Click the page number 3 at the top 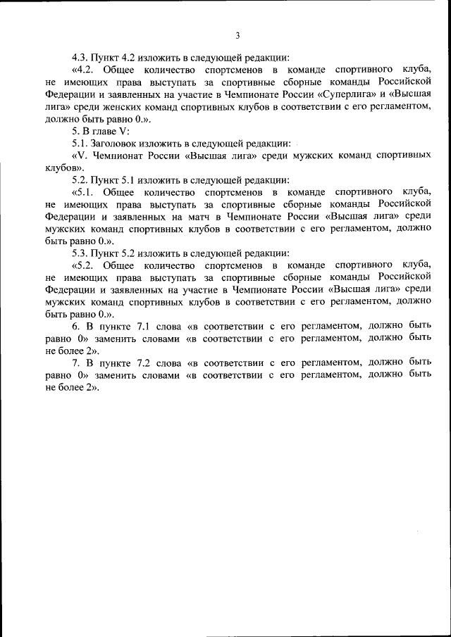point(237,35)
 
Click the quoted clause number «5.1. point(84,191)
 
